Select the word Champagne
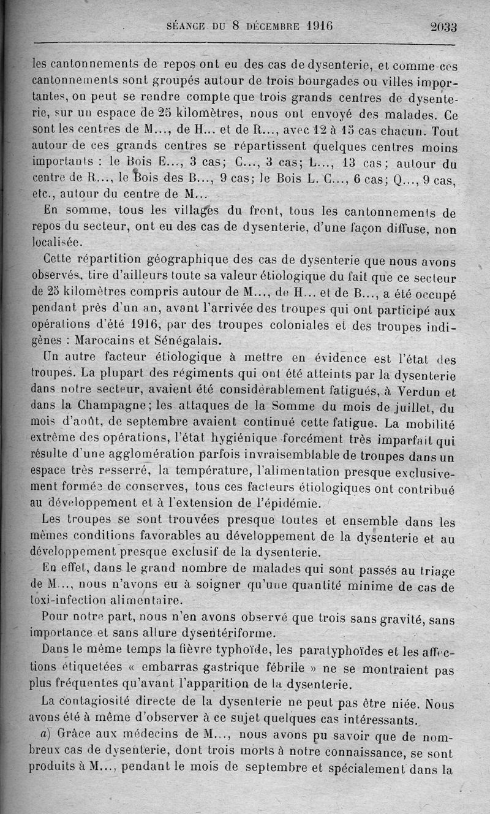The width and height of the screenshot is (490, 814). pyautogui.click(x=111, y=406)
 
